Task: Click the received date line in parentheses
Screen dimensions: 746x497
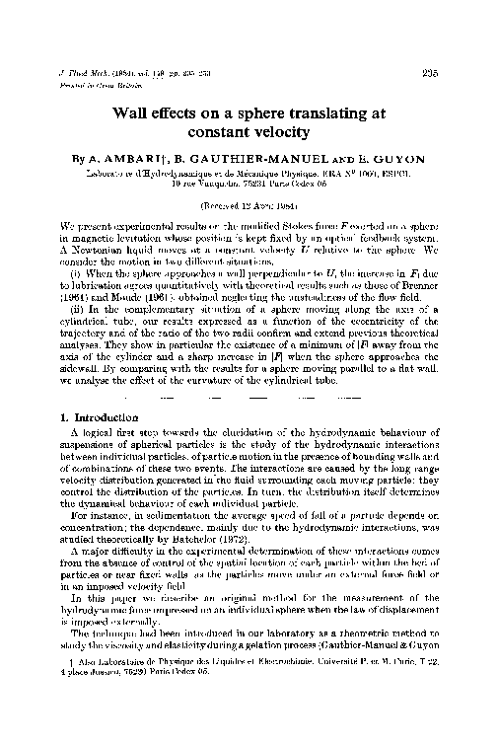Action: pyautogui.click(x=248, y=206)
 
